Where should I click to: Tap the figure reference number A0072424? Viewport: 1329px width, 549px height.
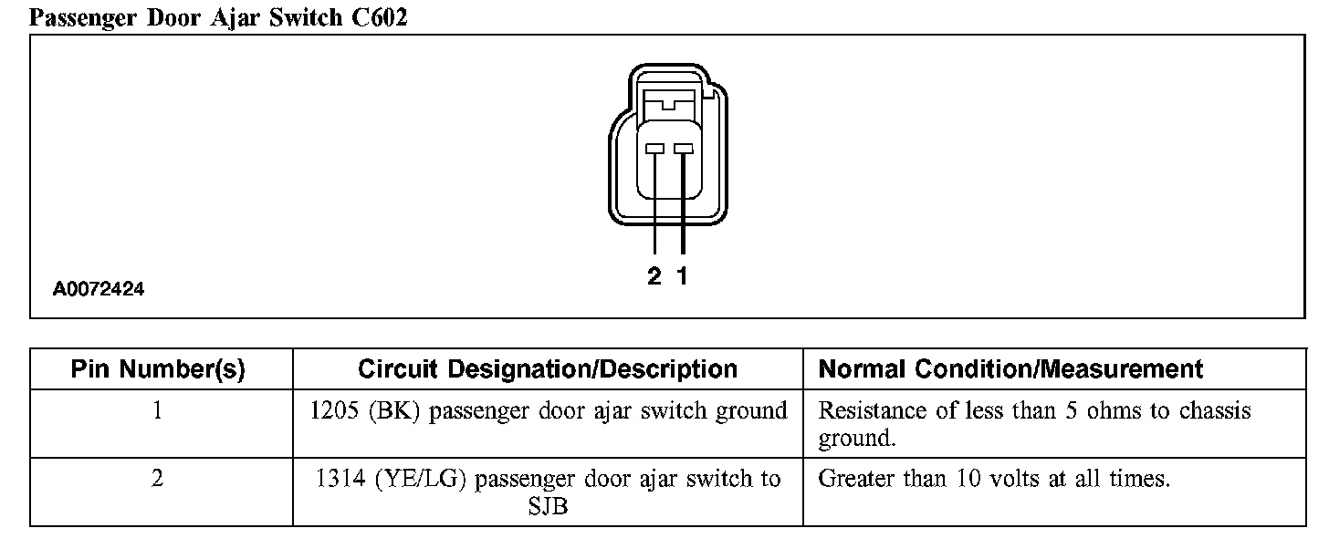point(99,290)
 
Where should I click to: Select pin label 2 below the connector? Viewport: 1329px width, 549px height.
point(654,276)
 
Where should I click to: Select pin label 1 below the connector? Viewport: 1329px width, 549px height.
point(682,276)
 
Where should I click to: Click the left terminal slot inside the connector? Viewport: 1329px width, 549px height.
point(654,150)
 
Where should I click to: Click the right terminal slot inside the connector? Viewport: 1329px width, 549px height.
point(683,150)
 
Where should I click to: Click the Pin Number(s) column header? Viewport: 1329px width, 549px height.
point(158,369)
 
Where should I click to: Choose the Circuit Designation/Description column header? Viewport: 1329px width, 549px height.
point(548,369)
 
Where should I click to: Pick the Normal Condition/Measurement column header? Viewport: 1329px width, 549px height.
point(1010,369)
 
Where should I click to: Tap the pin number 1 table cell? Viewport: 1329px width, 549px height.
point(158,411)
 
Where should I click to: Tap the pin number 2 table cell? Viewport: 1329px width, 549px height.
point(158,479)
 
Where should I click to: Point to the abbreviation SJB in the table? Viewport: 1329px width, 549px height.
point(548,506)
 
